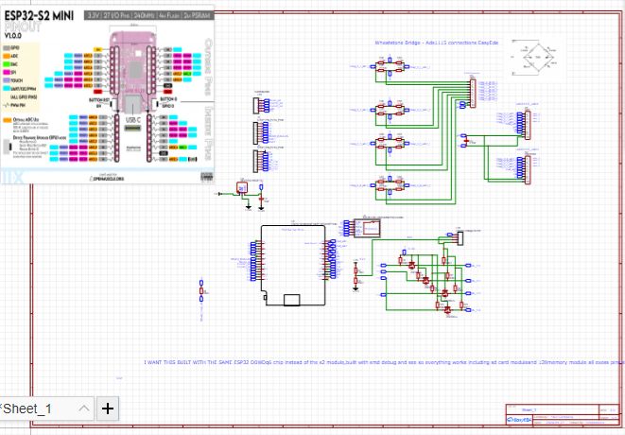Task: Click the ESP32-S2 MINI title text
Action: coord(41,17)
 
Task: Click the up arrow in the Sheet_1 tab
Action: coord(83,409)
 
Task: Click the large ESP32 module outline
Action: coord(292,266)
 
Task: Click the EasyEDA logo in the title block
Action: coord(523,418)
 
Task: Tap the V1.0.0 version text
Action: coord(14,36)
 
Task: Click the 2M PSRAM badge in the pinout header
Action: coord(196,17)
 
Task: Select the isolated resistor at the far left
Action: coord(201,293)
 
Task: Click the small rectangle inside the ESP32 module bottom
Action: coord(292,300)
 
